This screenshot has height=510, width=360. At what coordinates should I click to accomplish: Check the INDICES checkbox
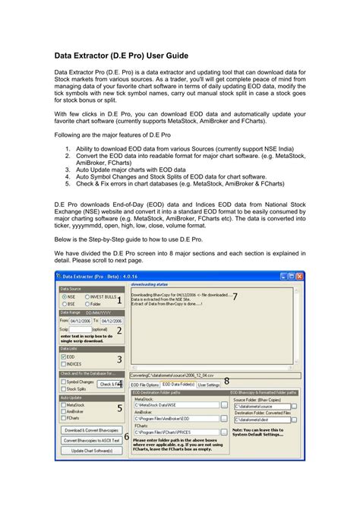click(63, 364)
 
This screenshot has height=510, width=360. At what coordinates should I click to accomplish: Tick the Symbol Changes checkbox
click(63, 382)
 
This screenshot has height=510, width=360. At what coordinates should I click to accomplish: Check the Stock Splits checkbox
click(63, 388)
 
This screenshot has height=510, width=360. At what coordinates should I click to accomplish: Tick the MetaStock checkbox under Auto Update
click(63, 405)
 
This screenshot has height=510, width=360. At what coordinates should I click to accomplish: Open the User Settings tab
click(208, 385)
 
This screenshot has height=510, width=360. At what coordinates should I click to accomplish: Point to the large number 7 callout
click(235, 296)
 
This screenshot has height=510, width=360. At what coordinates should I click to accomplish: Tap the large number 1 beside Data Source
click(118, 299)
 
